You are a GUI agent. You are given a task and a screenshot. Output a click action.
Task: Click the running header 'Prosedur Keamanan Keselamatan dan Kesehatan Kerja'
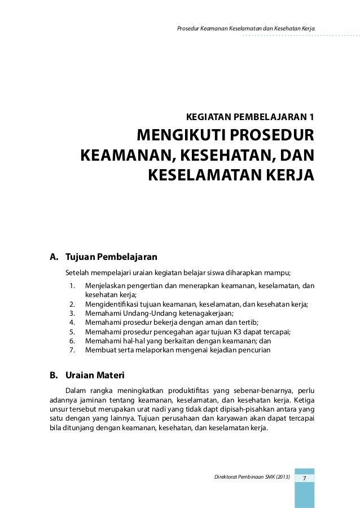pos(246,28)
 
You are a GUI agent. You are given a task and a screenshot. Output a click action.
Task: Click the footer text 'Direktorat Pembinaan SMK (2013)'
pos(252,478)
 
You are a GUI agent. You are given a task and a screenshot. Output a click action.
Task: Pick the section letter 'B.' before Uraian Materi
pos(55,375)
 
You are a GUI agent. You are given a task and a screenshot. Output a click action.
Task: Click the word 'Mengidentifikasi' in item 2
pos(112,304)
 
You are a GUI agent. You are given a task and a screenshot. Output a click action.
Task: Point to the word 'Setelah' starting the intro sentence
pos(78,272)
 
